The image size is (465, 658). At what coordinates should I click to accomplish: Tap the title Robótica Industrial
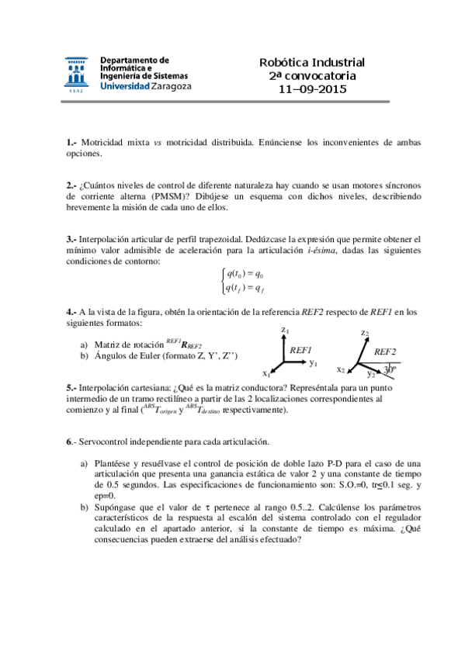(x=312, y=62)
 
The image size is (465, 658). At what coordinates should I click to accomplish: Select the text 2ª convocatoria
(x=312, y=76)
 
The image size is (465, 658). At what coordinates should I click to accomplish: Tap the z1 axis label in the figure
(x=286, y=332)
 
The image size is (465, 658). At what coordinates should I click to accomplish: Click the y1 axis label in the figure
(x=314, y=362)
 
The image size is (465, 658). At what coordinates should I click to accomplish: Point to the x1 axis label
(x=266, y=372)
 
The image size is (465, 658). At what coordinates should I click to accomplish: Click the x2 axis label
(x=341, y=369)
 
